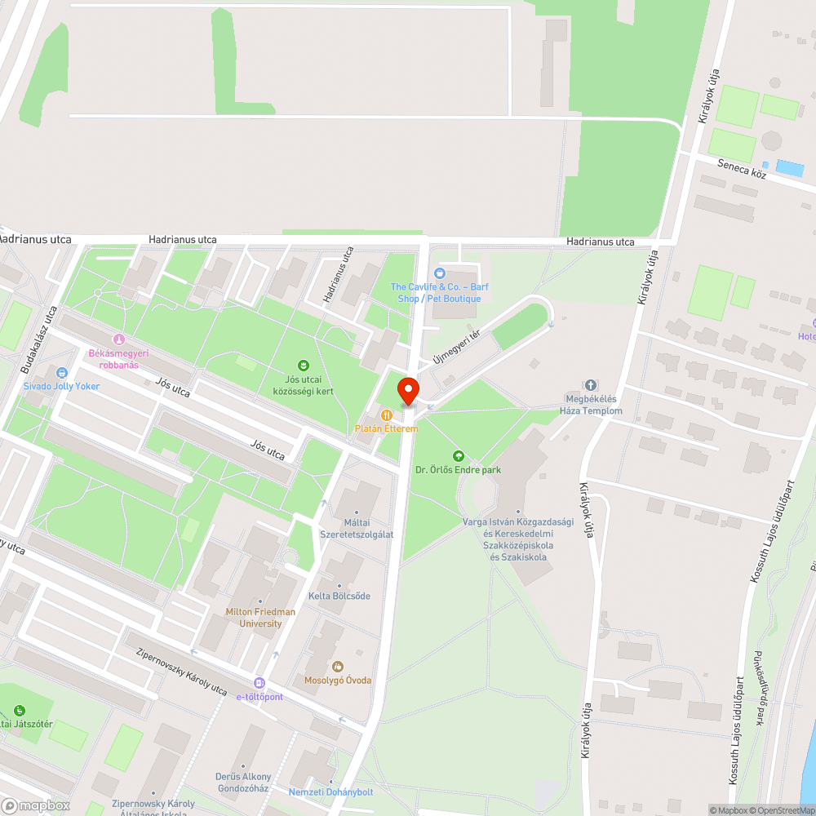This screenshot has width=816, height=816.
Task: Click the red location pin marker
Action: pyautogui.click(x=408, y=391)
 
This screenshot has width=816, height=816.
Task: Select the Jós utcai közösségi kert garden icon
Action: pyautogui.click(x=304, y=365)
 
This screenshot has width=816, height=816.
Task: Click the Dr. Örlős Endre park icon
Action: pyautogui.click(x=458, y=456)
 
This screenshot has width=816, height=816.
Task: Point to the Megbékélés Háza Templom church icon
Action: pyautogui.click(x=591, y=385)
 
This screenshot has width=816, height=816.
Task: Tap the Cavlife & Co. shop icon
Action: pyautogui.click(x=440, y=273)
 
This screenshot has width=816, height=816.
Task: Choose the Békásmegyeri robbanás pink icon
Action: pyautogui.click(x=119, y=339)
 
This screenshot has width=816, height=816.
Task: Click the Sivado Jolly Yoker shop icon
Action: pyautogui.click(x=61, y=372)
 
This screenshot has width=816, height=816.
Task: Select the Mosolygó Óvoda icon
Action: pyautogui.click(x=338, y=667)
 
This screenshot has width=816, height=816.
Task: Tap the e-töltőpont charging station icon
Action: pyautogui.click(x=259, y=683)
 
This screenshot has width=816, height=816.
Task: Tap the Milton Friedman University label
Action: pyautogui.click(x=261, y=618)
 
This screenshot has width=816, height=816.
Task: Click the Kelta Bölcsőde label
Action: pyautogui.click(x=339, y=596)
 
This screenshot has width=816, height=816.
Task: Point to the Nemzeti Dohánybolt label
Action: pyautogui.click(x=330, y=792)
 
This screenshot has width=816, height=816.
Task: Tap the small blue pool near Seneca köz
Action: pyautogui.click(x=789, y=168)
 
